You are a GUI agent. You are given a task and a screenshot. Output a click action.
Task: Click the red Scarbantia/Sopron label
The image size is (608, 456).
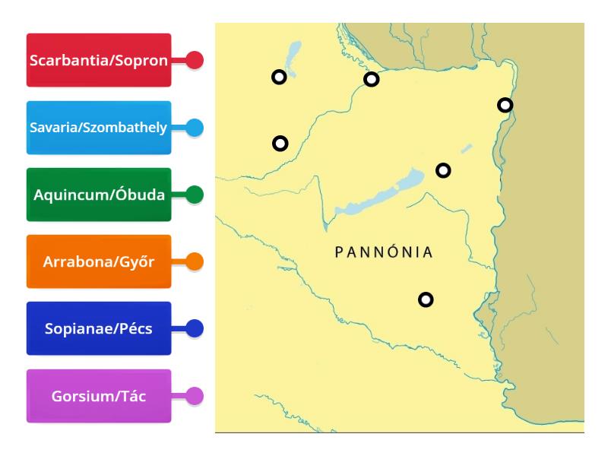99,60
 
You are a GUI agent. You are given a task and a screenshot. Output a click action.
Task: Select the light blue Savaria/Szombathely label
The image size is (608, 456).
99,128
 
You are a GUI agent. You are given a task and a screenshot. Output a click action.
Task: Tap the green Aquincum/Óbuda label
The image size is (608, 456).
99,195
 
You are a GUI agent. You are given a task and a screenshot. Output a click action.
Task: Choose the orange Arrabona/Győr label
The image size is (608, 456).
99,262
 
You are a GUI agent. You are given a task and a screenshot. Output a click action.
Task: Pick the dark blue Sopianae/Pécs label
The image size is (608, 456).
99,329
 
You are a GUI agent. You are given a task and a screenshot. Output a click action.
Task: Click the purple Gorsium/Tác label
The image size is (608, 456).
99,396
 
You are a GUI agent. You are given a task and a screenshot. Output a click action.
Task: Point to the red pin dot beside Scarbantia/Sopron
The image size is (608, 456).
195,60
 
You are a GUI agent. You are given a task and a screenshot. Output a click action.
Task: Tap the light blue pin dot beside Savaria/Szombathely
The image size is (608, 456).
195,128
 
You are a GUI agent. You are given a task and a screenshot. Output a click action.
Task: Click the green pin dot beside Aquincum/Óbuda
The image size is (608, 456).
195,195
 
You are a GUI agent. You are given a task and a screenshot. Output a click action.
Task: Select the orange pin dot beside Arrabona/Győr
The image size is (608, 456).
195,262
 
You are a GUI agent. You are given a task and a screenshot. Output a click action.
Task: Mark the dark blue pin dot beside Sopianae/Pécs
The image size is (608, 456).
195,329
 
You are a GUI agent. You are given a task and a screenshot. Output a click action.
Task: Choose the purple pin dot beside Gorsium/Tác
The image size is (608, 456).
195,396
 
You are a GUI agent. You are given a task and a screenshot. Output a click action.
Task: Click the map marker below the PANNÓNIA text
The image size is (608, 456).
426,299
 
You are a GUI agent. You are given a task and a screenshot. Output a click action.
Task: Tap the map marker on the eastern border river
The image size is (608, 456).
505,105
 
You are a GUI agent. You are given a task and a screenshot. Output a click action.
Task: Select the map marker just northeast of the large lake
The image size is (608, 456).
443,170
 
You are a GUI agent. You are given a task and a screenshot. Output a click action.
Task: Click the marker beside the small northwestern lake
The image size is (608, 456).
280,76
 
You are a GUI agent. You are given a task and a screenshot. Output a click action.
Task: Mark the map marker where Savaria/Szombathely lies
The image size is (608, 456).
280,143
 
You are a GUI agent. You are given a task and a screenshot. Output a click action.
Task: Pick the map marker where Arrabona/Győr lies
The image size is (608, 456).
371,79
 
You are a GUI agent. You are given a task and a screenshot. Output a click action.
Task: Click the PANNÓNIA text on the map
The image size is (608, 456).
384,252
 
